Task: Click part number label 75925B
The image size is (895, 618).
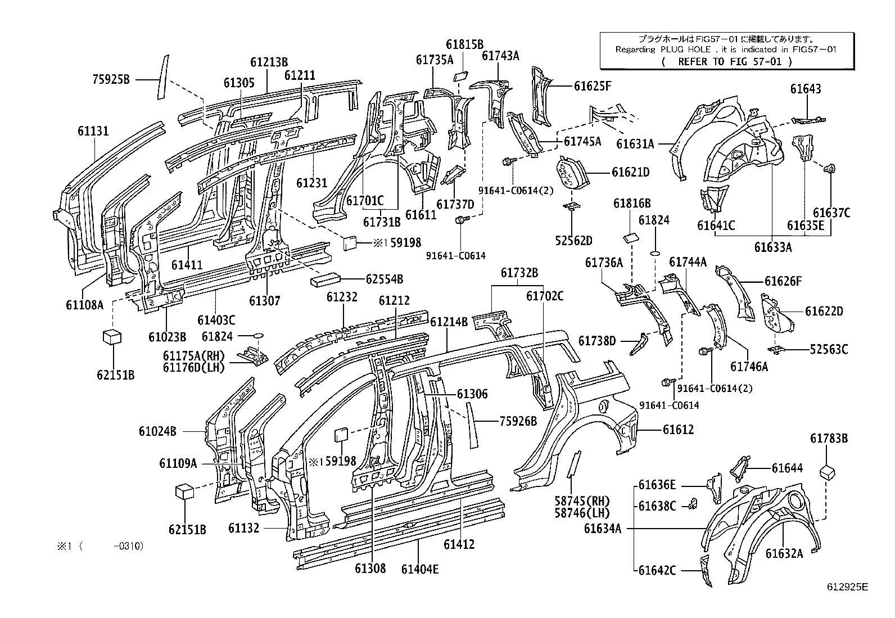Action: click(x=111, y=80)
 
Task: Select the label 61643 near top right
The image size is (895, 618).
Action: click(x=806, y=89)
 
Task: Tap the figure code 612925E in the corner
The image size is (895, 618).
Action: click(x=847, y=587)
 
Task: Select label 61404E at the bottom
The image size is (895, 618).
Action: click(x=420, y=569)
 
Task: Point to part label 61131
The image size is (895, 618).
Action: click(x=93, y=132)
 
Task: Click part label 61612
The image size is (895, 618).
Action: click(x=678, y=430)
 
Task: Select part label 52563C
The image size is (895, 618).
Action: click(x=829, y=349)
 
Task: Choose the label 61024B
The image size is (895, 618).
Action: click(x=157, y=431)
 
